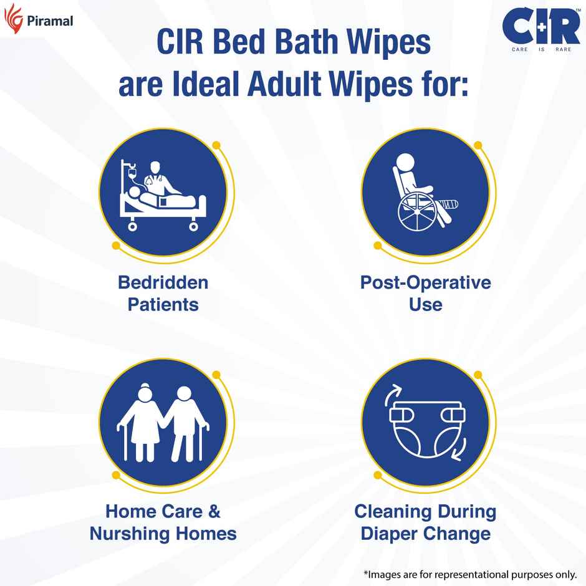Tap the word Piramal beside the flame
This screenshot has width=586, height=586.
click(50, 21)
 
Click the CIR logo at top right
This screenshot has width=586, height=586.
click(541, 27)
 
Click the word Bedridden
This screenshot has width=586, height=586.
click(163, 282)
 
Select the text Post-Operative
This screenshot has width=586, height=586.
click(426, 282)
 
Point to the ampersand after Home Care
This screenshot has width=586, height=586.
click(213, 512)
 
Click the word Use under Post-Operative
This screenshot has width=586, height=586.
click(426, 305)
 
